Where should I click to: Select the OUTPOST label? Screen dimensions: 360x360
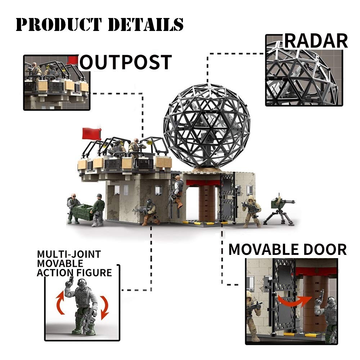(125, 62)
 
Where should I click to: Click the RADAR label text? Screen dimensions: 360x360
(316, 41)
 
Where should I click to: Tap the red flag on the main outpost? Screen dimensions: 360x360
(91, 134)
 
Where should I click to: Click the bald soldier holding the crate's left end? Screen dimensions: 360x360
(73, 208)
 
